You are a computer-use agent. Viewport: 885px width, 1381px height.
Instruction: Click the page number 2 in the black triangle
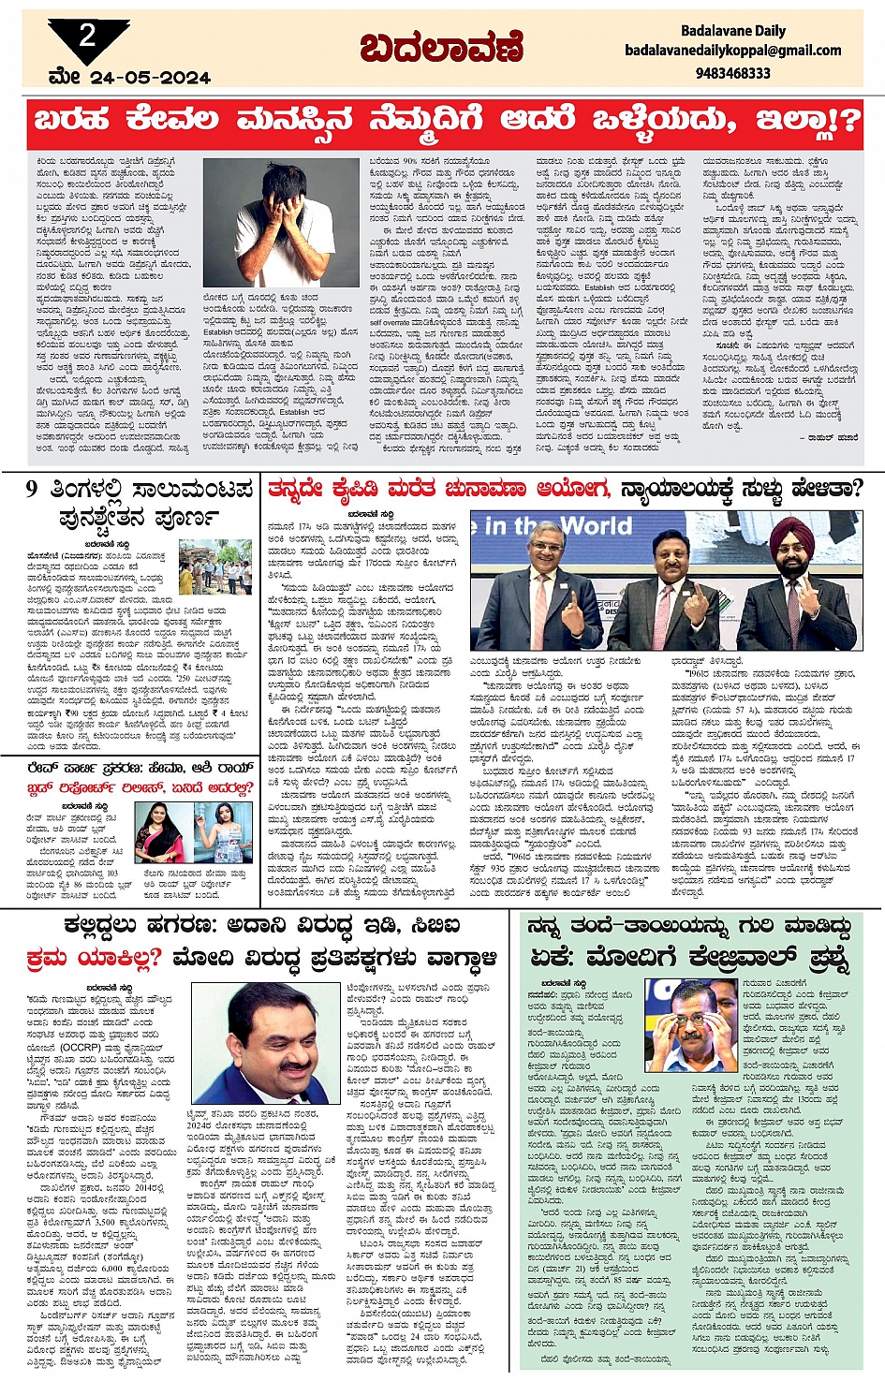[87, 36]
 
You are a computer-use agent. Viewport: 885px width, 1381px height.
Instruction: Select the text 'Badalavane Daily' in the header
[733, 30]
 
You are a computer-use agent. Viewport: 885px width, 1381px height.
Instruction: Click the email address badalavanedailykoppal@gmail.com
[733, 51]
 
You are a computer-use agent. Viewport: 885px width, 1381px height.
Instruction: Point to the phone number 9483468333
[733, 72]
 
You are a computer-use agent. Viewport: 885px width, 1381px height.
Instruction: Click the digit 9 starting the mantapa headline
[32, 490]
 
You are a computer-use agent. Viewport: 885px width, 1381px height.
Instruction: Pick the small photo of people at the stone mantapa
[214, 566]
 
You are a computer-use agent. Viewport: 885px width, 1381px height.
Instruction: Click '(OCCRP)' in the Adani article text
[85, 1048]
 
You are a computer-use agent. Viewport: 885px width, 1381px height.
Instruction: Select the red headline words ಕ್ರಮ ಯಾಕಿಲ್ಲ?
[94, 958]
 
